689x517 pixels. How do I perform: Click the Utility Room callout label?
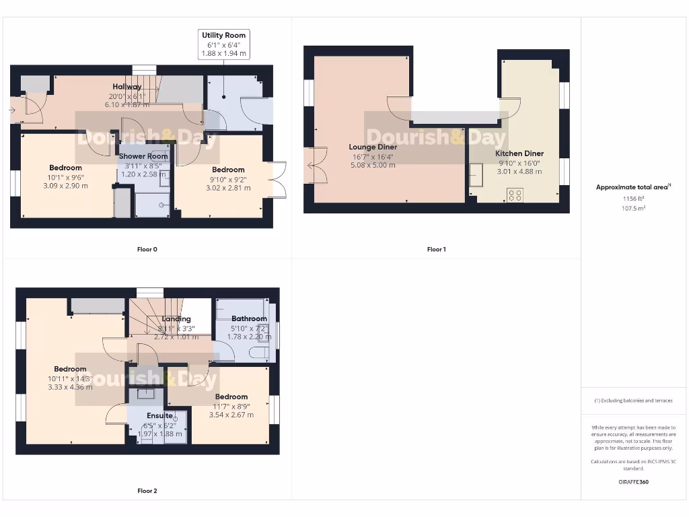pos(224,35)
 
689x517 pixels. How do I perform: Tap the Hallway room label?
pos(126,87)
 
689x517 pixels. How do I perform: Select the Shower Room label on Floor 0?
pos(143,156)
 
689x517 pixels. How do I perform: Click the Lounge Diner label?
pos(373,147)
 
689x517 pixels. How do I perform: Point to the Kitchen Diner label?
pos(519,153)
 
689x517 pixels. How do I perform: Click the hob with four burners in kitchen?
pos(515,195)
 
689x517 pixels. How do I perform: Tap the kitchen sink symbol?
pos(476,178)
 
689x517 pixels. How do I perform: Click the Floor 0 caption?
pos(147,249)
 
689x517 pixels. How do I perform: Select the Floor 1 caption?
pos(436,249)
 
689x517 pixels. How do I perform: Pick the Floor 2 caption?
pos(147,491)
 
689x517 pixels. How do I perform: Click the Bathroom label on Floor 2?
pos(249,318)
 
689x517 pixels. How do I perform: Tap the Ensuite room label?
pos(159,416)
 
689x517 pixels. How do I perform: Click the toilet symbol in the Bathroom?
pos(258,353)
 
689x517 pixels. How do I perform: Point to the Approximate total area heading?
pos(634,187)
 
